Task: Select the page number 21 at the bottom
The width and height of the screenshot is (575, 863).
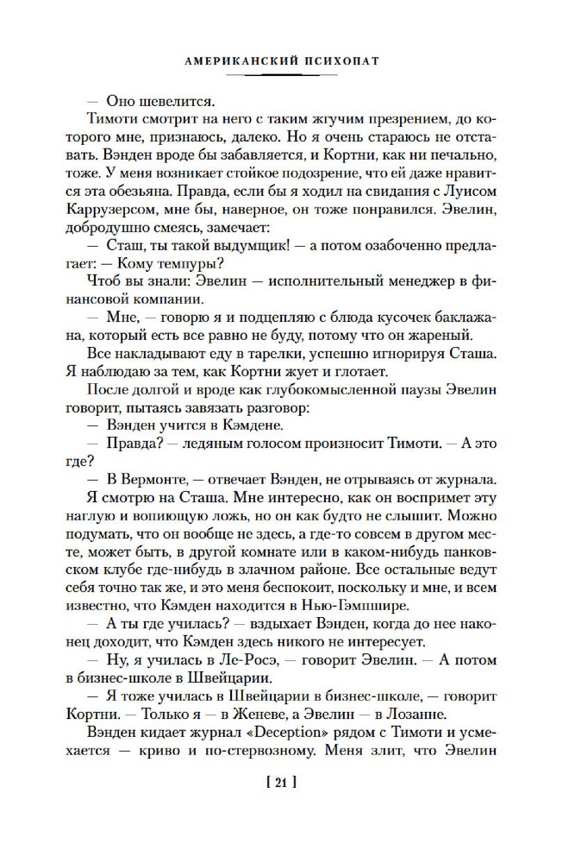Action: pos(285,783)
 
